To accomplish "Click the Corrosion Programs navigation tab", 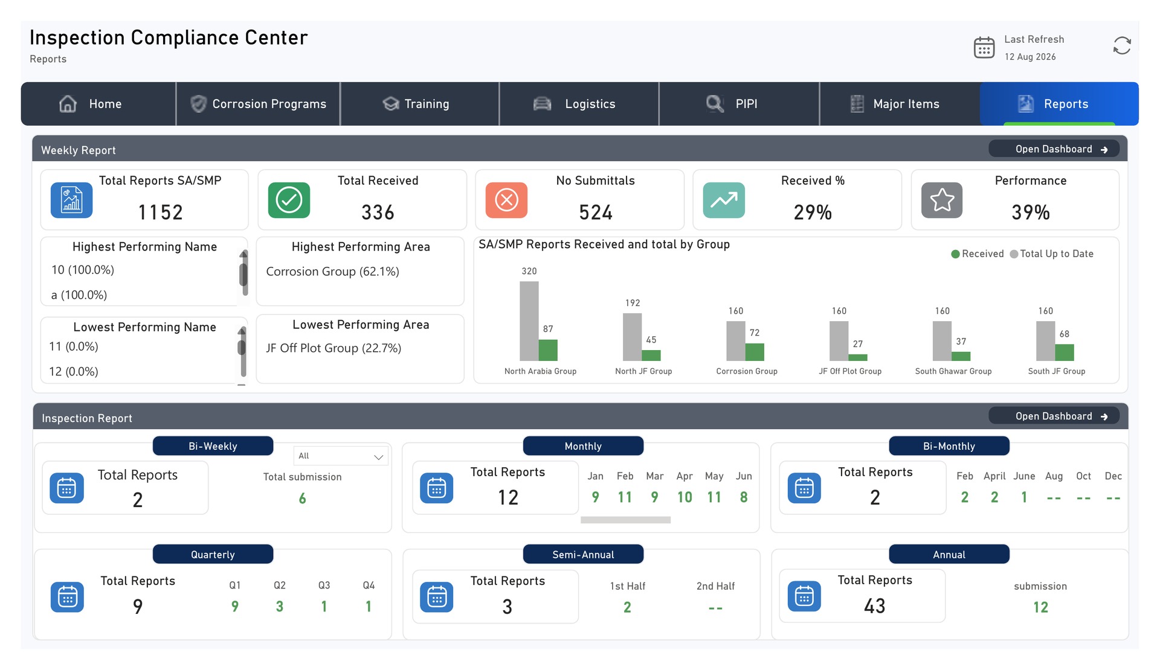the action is tap(258, 104).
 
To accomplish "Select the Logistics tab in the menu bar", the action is tap(579, 104).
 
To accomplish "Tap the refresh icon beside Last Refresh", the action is tap(1122, 46).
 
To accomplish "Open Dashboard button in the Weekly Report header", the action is tap(1054, 149).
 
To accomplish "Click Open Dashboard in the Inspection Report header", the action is tap(1054, 416).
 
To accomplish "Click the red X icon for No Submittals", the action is tap(506, 200).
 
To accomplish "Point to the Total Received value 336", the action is tap(378, 212).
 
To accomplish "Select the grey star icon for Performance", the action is tap(942, 200).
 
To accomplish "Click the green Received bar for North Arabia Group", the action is tap(548, 350).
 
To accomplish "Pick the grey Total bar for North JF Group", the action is tap(632, 337).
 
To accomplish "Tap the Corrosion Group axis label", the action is tap(747, 371).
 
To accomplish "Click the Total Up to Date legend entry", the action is tap(1052, 254).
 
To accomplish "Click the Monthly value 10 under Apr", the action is tap(685, 497).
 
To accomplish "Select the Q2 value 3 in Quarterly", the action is tap(280, 606).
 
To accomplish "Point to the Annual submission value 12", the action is tap(1040, 607).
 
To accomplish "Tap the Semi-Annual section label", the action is tap(583, 554).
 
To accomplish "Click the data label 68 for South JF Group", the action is tap(1065, 334).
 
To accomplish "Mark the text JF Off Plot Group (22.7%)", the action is tap(333, 348).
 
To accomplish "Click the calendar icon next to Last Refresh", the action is tap(984, 47).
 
